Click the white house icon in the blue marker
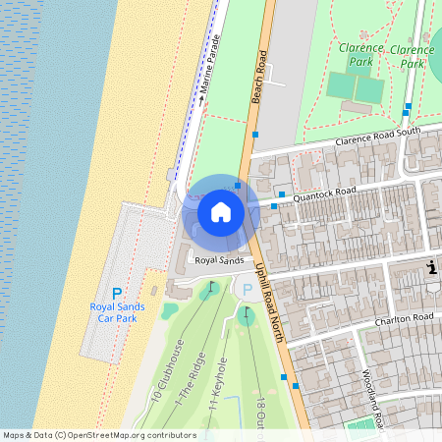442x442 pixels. [x=221, y=211]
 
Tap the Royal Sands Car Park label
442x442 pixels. [x=117, y=312]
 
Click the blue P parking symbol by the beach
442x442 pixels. [x=117, y=294]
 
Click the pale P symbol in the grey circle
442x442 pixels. [x=247, y=290]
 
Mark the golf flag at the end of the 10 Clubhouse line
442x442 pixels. [x=209, y=291]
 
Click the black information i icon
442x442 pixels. [x=431, y=267]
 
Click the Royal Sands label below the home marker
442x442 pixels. [x=218, y=260]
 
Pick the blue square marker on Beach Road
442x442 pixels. [x=255, y=133]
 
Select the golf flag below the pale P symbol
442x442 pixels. [x=245, y=314]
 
